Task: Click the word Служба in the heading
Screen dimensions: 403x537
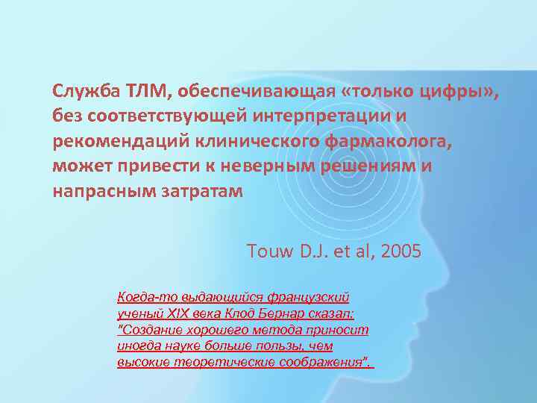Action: (x=82, y=91)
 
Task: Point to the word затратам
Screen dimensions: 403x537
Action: (x=201, y=191)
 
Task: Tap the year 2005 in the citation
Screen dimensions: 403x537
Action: (x=401, y=251)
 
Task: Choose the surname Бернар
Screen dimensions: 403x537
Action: (x=279, y=313)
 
